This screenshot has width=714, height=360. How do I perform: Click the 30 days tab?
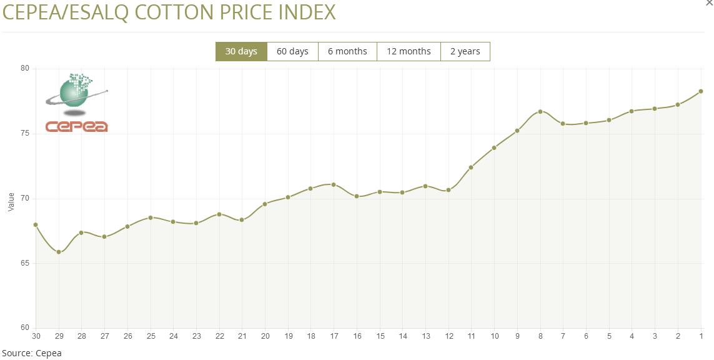[241, 51]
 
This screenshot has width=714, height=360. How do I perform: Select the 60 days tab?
[292, 51]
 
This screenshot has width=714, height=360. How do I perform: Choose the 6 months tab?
[347, 51]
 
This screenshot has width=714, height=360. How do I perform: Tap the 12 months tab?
[409, 51]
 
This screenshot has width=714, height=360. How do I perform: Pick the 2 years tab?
[465, 51]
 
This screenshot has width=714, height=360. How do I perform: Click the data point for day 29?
[59, 252]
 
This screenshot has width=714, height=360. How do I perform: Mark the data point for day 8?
[540, 112]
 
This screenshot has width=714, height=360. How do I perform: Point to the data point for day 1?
[701, 91]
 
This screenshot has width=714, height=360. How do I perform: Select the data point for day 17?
[334, 184]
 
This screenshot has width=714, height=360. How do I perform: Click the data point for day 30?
[36, 224]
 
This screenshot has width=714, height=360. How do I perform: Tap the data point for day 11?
[471, 167]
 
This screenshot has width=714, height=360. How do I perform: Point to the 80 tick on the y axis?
[26, 69]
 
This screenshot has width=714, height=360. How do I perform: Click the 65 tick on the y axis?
[26, 263]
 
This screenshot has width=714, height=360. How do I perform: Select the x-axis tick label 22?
[219, 336]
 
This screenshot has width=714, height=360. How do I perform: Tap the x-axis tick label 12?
[449, 336]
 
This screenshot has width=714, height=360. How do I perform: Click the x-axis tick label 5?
[609, 336]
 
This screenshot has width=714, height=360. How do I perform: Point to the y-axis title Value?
[11, 202]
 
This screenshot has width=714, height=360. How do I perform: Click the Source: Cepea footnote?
[32, 353]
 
